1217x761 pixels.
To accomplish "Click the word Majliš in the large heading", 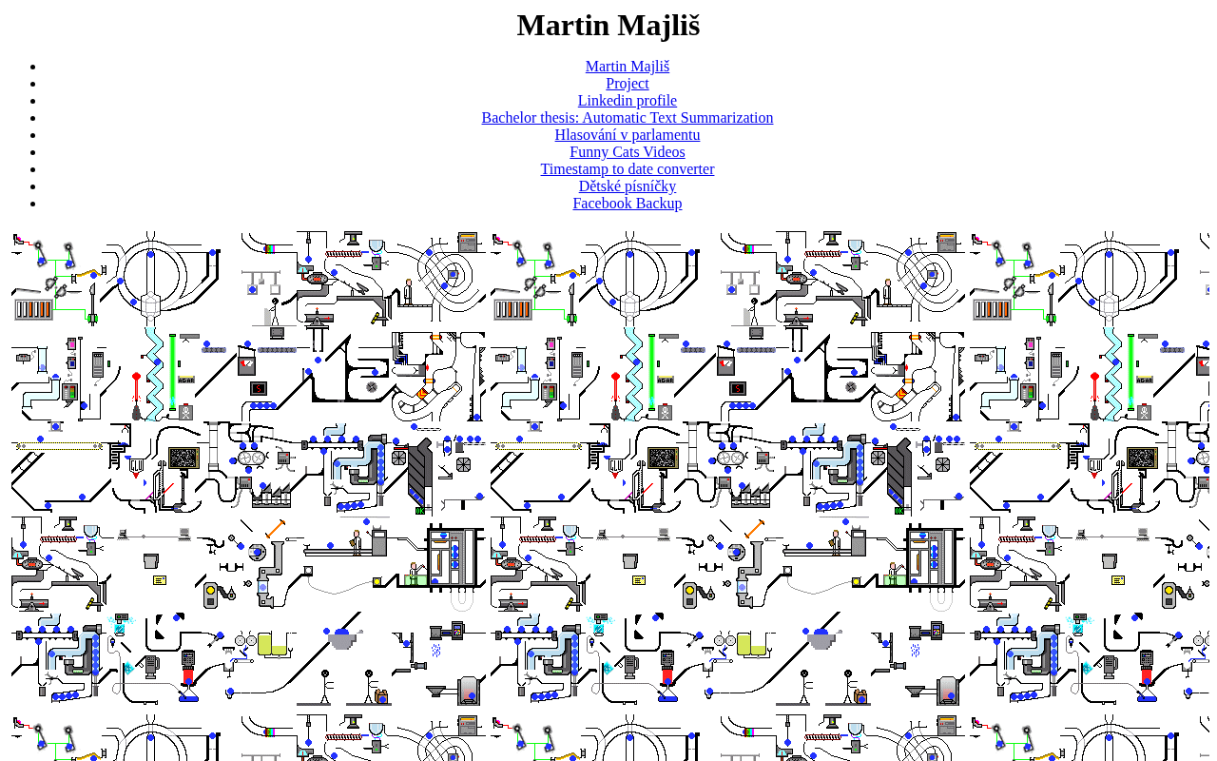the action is tap(659, 26).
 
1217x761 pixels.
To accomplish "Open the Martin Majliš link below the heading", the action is tap(627, 67).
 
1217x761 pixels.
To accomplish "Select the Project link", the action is tap(627, 84).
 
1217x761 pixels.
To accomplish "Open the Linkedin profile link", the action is tap(627, 101).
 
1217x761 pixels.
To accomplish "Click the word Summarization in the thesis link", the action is tap(726, 118).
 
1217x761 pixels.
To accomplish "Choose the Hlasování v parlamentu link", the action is tap(627, 135).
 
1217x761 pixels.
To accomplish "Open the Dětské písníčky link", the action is tap(627, 186).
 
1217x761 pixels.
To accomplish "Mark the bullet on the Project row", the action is tap(33, 85).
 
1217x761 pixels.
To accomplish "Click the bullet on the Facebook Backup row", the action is tap(33, 205).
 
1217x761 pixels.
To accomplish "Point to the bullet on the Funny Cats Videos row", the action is tap(33, 153).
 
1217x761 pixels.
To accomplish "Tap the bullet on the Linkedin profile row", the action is tap(33, 102).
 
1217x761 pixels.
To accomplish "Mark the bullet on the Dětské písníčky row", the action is tap(33, 187).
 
